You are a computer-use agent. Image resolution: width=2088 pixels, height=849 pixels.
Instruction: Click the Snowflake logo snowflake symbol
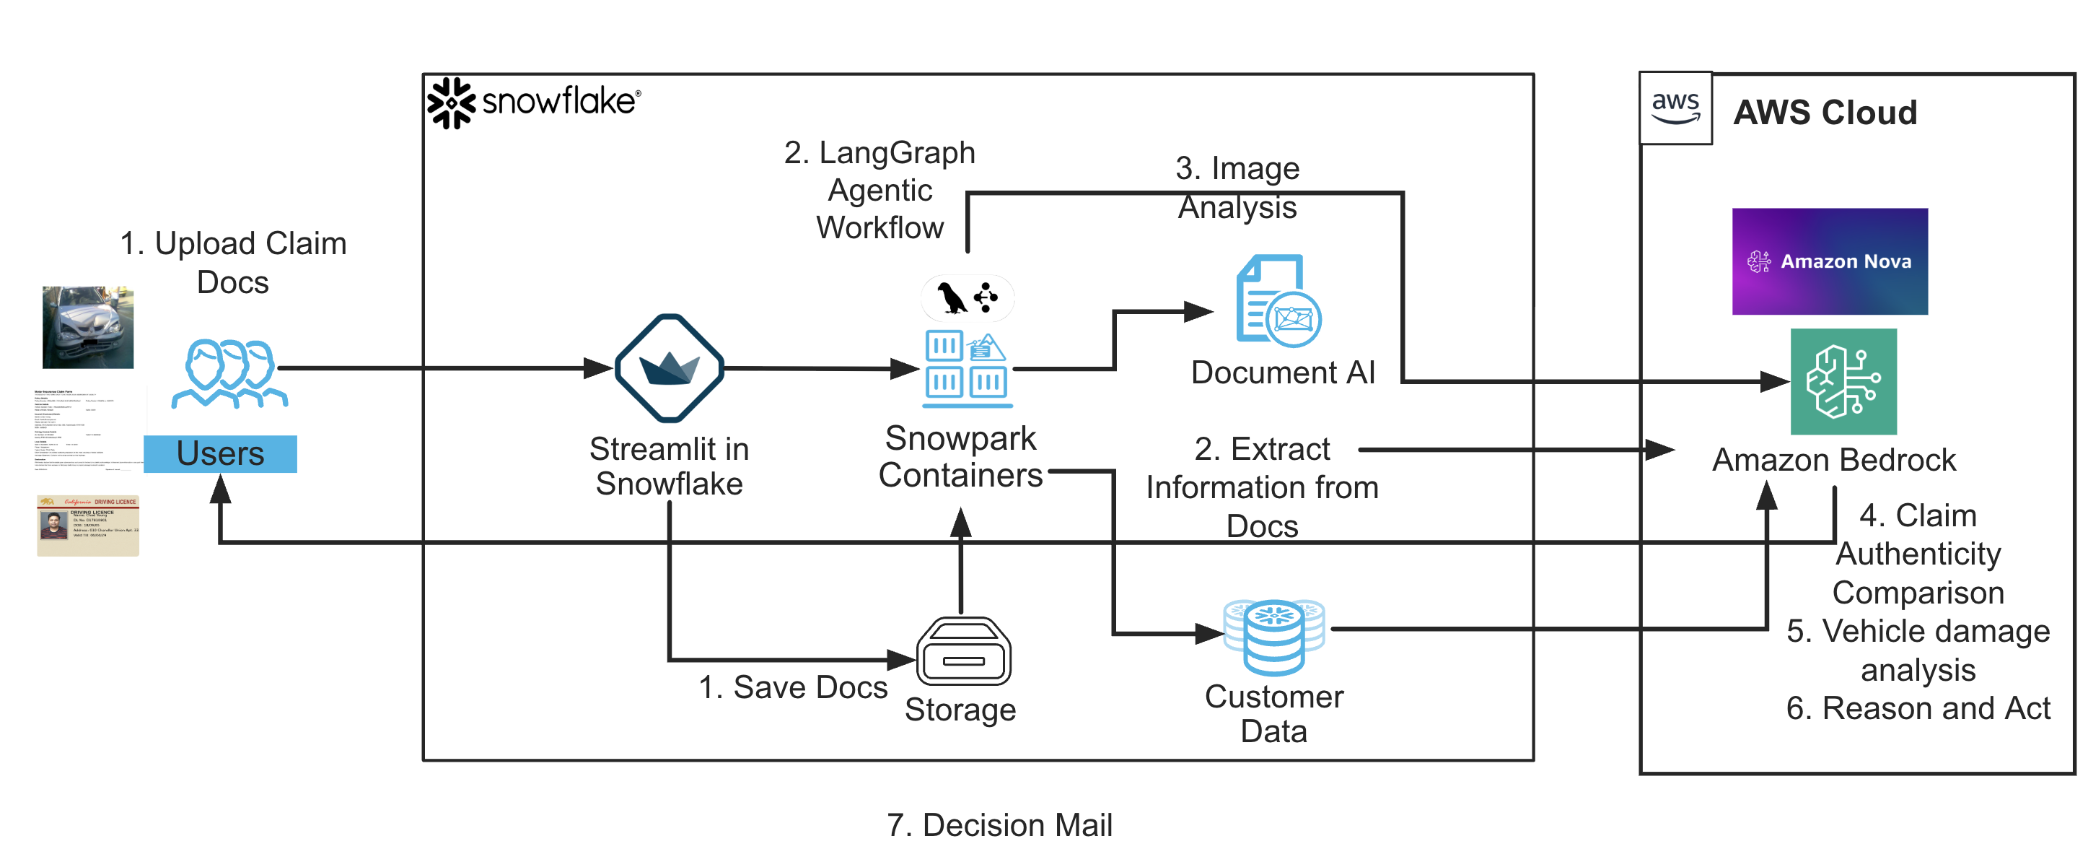[451, 103]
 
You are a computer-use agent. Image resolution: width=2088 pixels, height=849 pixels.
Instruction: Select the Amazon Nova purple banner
[1830, 261]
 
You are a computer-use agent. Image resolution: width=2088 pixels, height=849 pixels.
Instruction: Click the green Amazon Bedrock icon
[1843, 381]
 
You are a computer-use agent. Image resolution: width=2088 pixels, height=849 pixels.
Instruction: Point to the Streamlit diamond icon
[669, 368]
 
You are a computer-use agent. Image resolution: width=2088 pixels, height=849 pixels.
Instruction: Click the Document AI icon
[1278, 302]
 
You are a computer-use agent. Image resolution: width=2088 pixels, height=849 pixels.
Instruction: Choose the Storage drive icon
[963, 652]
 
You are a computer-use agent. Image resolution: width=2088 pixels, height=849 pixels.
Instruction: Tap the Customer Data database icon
[1273, 637]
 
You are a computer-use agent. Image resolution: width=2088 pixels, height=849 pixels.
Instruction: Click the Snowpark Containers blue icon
[966, 368]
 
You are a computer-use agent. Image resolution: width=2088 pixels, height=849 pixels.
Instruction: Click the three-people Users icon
[229, 373]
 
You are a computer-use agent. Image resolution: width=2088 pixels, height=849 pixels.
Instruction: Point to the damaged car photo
[87, 327]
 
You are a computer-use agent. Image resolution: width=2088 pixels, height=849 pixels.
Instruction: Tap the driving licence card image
[87, 526]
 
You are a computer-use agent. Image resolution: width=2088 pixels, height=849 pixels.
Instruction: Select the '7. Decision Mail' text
[999, 824]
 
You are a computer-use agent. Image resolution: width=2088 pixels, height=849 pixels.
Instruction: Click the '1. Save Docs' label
[792, 687]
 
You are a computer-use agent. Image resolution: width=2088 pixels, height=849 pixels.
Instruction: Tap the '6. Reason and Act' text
[1917, 708]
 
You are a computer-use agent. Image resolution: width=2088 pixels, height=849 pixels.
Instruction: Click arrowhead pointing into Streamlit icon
[598, 368]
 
